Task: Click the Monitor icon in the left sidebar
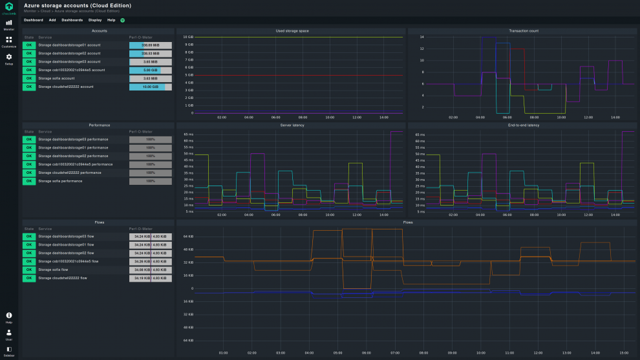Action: (9, 23)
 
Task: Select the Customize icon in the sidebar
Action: (9, 41)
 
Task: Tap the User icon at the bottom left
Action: (9, 334)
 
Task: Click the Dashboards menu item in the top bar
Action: (72, 20)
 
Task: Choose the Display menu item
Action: (95, 20)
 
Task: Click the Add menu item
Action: (52, 20)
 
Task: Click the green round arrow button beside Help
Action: (123, 20)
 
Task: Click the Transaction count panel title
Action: (523, 31)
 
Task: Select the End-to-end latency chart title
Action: (523, 125)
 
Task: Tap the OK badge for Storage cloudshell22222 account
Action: (28, 87)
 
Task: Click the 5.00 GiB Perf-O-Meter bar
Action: (150, 70)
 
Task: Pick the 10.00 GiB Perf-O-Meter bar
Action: (150, 87)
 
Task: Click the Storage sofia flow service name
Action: (58, 270)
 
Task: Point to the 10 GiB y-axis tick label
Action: (189, 37)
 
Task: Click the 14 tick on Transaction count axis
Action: (421, 37)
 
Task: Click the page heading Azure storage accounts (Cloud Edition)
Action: (78, 5)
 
